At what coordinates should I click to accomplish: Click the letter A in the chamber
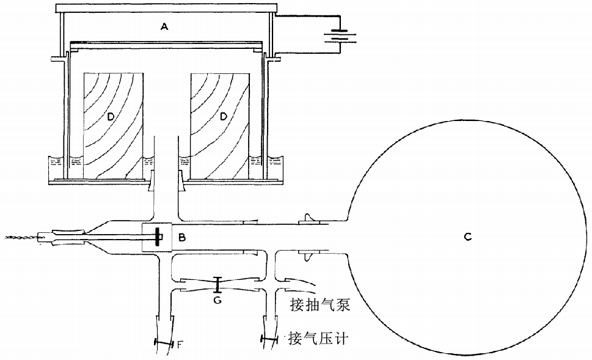pos(163,26)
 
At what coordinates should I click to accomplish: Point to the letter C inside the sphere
pos(467,237)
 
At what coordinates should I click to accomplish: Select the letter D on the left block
pos(111,116)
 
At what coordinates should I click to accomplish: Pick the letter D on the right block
pos(224,116)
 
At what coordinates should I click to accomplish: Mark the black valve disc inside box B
pos(157,237)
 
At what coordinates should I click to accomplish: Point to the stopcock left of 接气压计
pos(270,339)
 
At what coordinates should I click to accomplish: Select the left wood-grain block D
pos(113,125)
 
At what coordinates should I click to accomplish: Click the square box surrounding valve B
pos(157,237)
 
